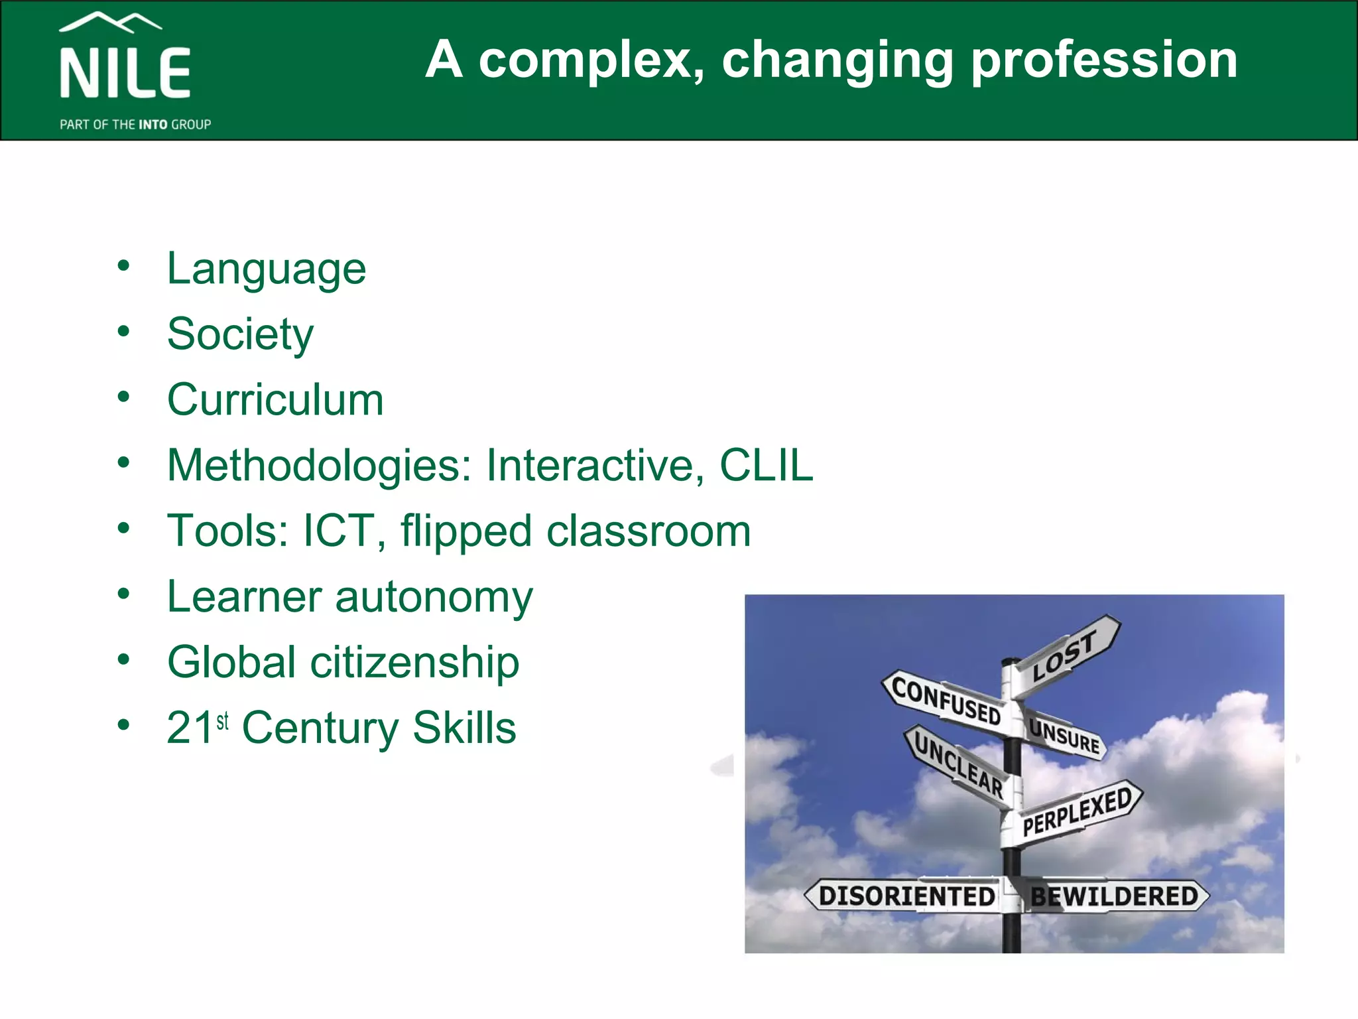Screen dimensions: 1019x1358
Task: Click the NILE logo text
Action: pos(125,73)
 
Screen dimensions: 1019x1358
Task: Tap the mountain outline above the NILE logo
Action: pos(110,23)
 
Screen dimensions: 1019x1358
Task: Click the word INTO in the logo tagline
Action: pos(153,125)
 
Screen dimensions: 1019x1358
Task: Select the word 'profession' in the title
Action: pos(1103,60)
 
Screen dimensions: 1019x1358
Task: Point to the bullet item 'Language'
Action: pos(266,269)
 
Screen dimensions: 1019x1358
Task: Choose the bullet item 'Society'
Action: pos(240,334)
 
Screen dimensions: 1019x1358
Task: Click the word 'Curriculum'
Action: pos(275,399)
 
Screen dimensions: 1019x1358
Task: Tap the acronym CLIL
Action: pos(766,465)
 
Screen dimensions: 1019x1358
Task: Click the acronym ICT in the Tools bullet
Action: pos(338,531)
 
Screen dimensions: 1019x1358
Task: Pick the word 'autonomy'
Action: pos(434,596)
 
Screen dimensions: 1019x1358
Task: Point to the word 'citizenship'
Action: pos(414,662)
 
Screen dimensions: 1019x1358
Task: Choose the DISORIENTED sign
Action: pos(906,896)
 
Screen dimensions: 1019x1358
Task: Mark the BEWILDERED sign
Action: pos(1114,896)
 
